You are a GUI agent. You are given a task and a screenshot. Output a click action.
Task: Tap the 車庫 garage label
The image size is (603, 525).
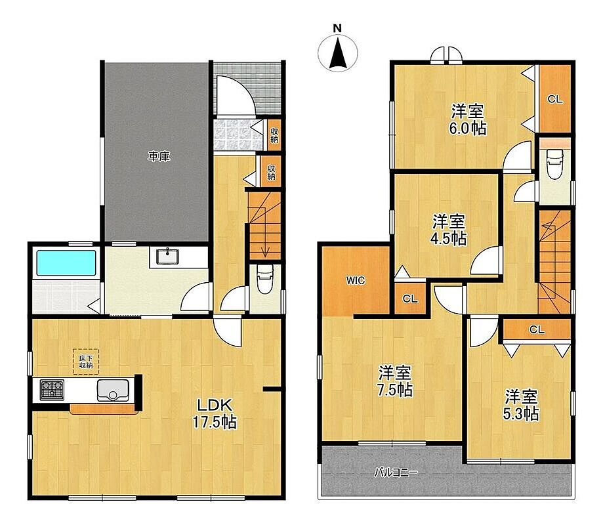[x=159, y=157]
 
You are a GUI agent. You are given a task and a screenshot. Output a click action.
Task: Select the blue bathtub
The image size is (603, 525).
[x=66, y=262]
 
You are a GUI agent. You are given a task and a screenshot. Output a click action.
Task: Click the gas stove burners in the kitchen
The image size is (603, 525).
[x=52, y=390]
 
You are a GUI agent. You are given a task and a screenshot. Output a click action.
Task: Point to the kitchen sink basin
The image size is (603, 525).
[x=113, y=390]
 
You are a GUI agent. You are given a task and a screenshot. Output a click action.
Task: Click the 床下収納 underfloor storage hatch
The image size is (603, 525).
[x=86, y=362]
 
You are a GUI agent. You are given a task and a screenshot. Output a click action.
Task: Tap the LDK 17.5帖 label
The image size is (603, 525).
[x=215, y=414]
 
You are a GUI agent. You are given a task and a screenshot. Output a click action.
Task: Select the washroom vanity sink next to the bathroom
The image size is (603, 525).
[x=167, y=257]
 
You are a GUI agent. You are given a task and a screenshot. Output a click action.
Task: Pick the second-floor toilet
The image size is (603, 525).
[x=555, y=163]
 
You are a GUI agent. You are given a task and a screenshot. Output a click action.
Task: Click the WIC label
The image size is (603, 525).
[x=355, y=280]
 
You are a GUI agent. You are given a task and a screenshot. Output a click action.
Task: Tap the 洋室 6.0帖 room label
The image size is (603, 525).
[x=467, y=119]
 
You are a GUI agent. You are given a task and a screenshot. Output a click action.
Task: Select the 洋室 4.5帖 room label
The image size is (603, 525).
[x=448, y=230]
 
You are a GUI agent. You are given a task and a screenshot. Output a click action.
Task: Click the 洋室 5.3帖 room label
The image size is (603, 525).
[x=521, y=405]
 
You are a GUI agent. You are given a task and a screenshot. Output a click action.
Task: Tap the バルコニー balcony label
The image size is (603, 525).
[x=396, y=472]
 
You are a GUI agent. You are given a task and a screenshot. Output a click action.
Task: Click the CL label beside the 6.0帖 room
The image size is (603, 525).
[x=555, y=99]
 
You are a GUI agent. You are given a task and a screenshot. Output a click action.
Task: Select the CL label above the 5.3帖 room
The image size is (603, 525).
[x=537, y=329]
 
